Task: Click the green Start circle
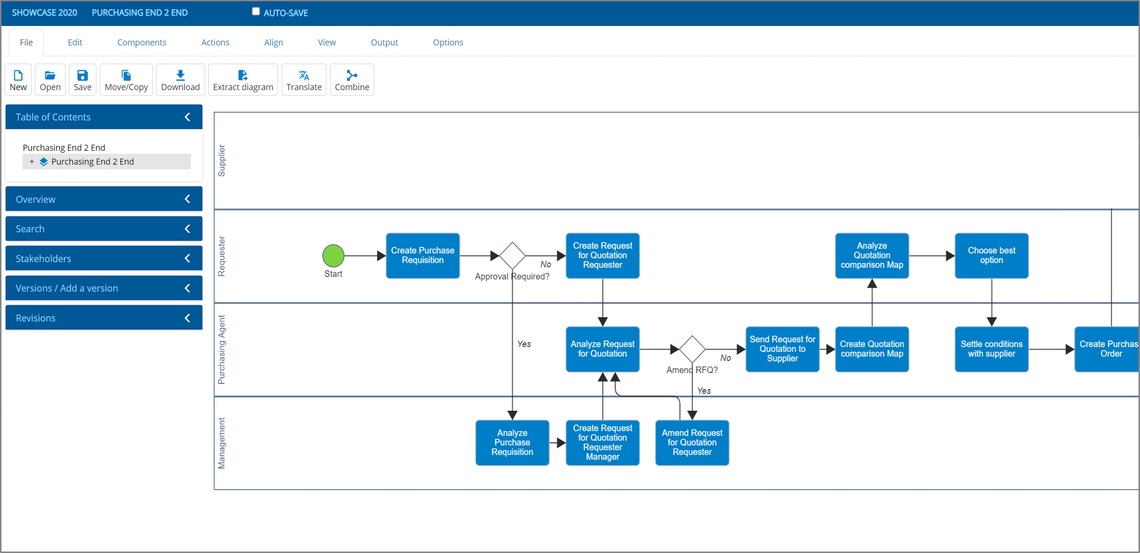(333, 256)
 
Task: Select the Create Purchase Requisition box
(423, 256)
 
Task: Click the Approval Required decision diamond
(512, 256)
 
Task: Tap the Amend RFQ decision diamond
(692, 349)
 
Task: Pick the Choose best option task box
(991, 256)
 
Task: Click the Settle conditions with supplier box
(991, 349)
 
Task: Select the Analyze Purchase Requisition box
(512, 442)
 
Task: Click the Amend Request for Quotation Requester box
(692, 442)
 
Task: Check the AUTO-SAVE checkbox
(256, 12)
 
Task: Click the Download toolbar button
(180, 80)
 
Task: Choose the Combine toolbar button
(352, 80)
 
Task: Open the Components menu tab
(142, 42)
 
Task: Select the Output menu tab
(384, 42)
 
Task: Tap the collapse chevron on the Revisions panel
(187, 318)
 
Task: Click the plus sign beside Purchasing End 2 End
(32, 162)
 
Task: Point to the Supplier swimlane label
(221, 161)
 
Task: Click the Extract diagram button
(243, 80)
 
